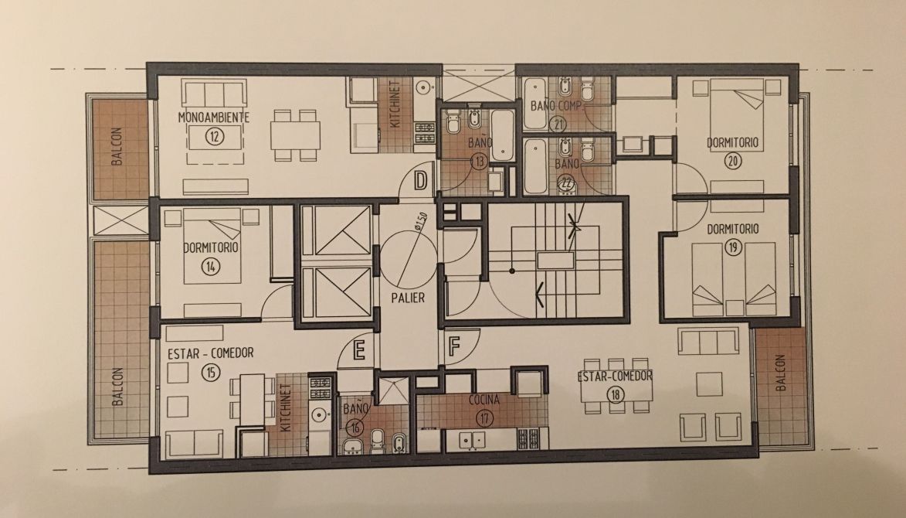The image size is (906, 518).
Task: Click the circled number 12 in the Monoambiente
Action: (214, 137)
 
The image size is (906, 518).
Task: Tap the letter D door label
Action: (421, 181)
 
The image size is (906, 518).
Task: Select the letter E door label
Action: (359, 350)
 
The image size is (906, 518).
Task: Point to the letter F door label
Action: (454, 346)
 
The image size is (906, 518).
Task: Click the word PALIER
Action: (408, 298)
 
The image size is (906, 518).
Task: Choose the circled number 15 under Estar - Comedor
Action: (211, 372)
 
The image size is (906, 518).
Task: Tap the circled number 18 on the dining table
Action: (616, 394)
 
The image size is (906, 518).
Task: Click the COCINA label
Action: (484, 400)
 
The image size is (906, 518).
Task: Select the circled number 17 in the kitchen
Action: (484, 417)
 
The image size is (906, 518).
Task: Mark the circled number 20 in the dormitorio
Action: (733, 160)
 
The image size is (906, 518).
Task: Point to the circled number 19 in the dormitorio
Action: (733, 247)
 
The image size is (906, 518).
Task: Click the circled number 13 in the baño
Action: (479, 162)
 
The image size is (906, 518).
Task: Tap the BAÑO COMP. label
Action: (556, 106)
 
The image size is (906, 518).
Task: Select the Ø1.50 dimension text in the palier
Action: (421, 221)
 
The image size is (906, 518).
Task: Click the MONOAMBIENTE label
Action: (214, 118)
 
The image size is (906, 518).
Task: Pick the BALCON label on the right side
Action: (781, 373)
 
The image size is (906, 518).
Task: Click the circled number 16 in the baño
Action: (355, 428)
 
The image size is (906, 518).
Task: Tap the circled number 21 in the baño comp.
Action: (558, 124)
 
